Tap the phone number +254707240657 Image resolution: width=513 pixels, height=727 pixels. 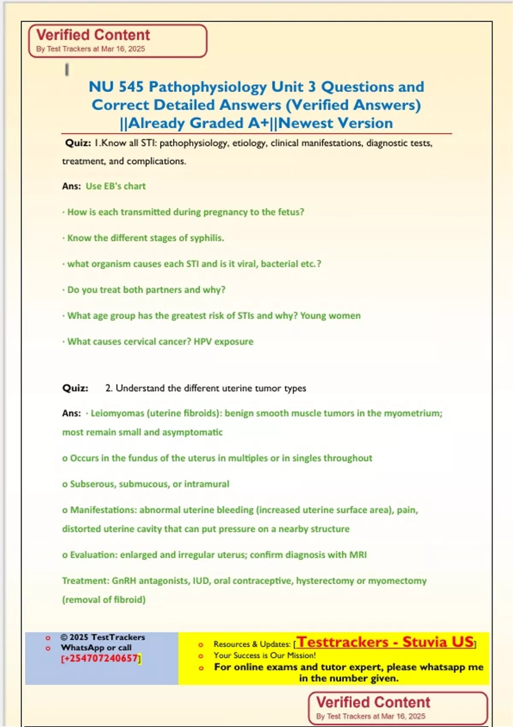(101, 658)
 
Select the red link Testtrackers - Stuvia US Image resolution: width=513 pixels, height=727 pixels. (385, 642)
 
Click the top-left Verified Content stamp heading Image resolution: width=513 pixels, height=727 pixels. (93, 35)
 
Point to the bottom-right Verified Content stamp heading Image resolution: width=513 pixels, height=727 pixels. (373, 702)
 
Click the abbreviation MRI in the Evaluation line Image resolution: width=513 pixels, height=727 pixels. (358, 555)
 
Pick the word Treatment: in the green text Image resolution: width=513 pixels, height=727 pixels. (85, 581)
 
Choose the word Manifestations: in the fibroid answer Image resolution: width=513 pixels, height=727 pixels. (103, 510)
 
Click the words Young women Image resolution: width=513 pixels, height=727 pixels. (330, 316)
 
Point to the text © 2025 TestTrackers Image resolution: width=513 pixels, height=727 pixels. (103, 637)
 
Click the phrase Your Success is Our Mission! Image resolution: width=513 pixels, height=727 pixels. (265, 655)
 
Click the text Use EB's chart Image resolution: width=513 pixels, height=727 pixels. (115, 186)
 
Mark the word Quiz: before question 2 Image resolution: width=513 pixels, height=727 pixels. (75, 388)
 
